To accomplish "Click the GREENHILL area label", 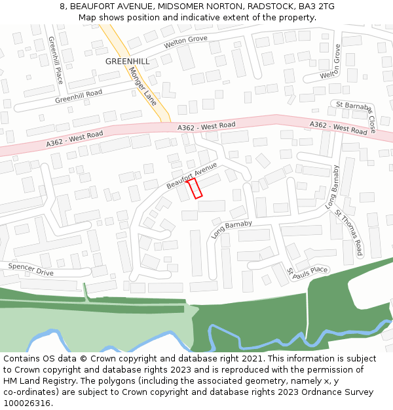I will click(127, 61).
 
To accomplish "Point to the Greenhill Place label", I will click(55, 60).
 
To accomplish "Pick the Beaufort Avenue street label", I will click(191, 176).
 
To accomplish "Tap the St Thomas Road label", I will click(349, 232).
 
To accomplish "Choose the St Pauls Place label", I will click(307, 270).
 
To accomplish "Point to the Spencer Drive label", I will click(31, 268).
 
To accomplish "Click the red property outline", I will click(195, 188).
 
